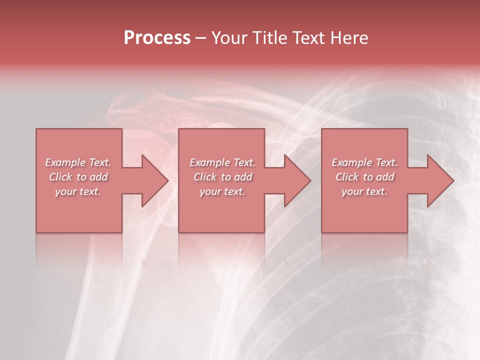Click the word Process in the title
157,38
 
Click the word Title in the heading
269,38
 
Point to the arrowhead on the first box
154,180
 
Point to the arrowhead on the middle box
296,180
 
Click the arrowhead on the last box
439,180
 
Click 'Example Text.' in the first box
78,162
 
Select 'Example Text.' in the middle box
222,162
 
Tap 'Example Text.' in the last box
364,162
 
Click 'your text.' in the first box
78,191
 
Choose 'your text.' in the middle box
222,191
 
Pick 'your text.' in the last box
364,191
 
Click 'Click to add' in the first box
78,177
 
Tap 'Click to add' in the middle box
222,177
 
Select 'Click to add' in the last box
364,177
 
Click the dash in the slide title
201,38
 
